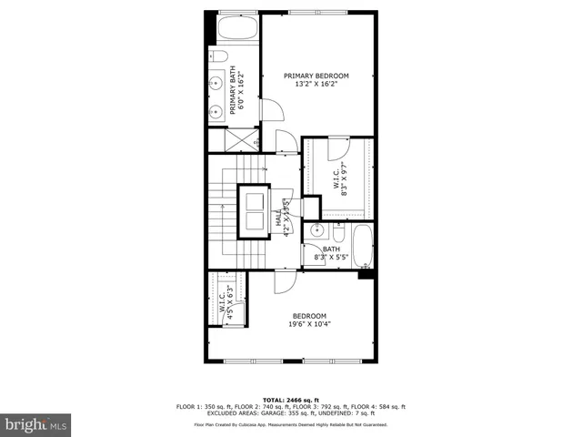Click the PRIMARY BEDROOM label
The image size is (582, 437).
[316, 76]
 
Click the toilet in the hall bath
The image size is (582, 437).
[337, 232]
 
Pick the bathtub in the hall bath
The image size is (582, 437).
[362, 246]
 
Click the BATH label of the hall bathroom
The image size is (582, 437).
[330, 249]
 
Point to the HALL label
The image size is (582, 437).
[278, 218]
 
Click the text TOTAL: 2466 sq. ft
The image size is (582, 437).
[290, 400]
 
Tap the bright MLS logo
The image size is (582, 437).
[35, 423]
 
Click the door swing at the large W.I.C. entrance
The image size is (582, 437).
[337, 147]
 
